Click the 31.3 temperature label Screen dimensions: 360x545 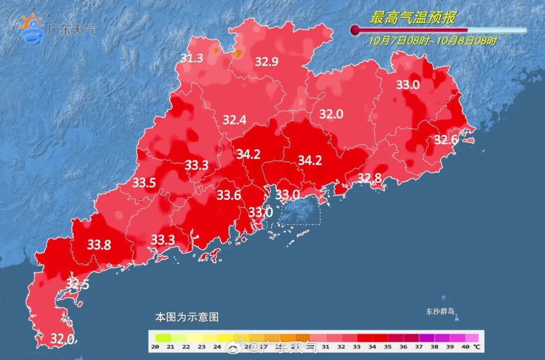192,59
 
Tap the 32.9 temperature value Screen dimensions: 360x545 266,62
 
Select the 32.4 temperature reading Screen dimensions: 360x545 234,120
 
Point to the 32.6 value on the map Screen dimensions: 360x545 446,139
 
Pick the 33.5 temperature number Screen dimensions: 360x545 144,183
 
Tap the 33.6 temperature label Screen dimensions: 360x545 229,195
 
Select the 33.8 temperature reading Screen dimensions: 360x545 99,245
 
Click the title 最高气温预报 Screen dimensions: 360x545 413,19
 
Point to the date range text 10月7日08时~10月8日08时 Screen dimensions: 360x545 432,41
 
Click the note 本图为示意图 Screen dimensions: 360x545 187,318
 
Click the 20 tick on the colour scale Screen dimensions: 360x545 155,347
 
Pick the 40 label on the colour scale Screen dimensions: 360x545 464,347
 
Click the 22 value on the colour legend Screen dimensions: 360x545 186,347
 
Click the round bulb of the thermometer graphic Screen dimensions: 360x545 356,30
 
